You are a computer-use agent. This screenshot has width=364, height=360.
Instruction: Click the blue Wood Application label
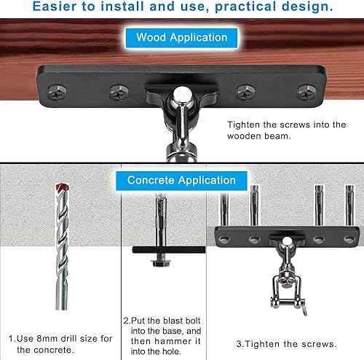pos(182,37)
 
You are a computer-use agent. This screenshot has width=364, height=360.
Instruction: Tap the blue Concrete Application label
pos(182,180)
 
